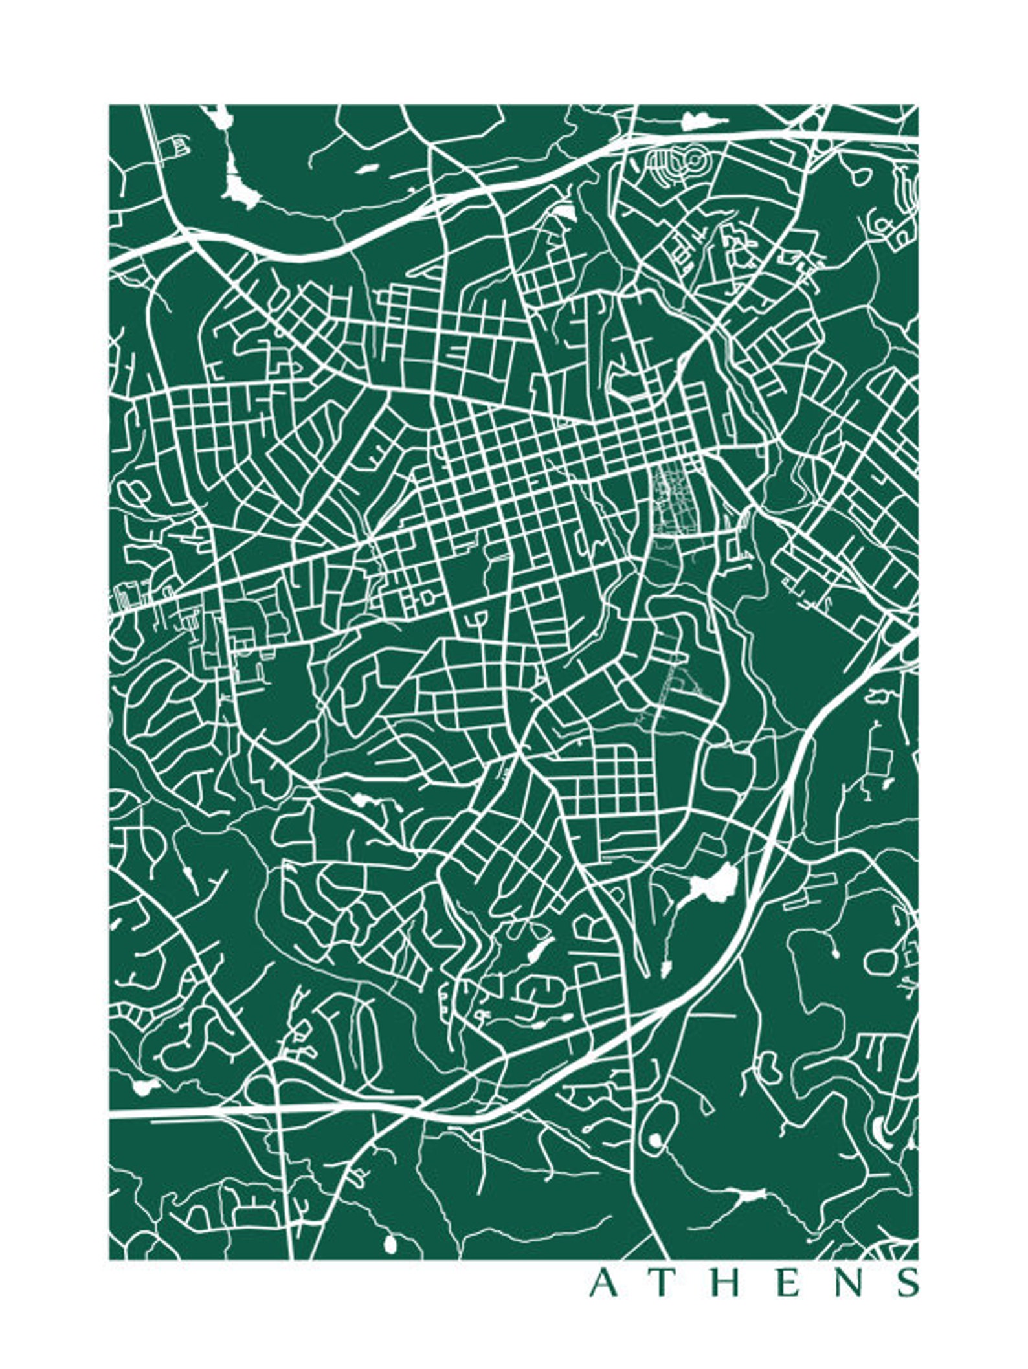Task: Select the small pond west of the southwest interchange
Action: pos(144,1086)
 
